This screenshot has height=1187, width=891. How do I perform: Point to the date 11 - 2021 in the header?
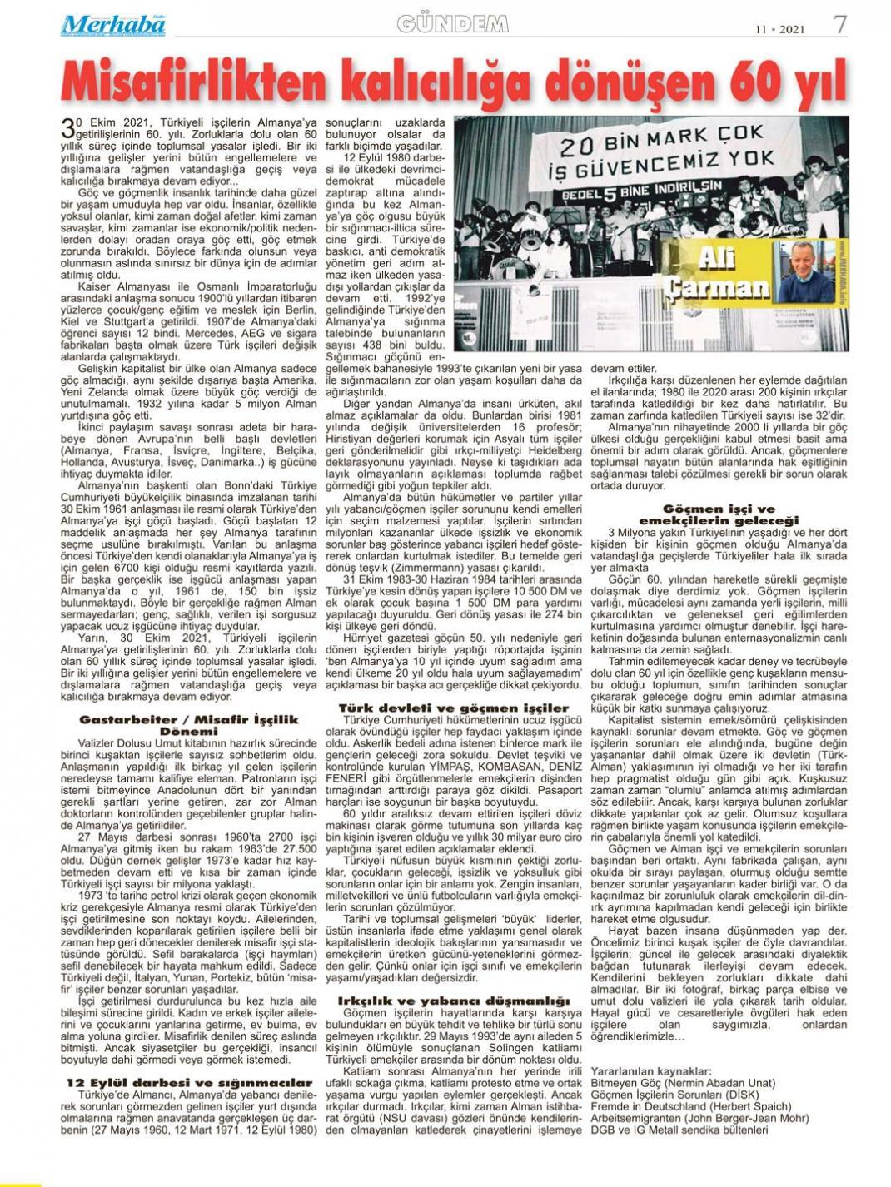click(780, 29)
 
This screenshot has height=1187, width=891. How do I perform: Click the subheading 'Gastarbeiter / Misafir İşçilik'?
click(189, 718)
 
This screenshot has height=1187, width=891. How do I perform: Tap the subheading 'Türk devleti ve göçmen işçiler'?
click(454, 708)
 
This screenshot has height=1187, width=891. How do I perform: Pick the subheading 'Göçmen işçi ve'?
click(719, 509)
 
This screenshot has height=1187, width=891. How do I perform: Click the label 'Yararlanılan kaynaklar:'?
click(651, 1070)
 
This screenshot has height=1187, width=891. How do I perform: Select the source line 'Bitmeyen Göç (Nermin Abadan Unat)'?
click(682, 1083)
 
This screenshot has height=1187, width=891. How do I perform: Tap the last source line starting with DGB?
click(679, 1130)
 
